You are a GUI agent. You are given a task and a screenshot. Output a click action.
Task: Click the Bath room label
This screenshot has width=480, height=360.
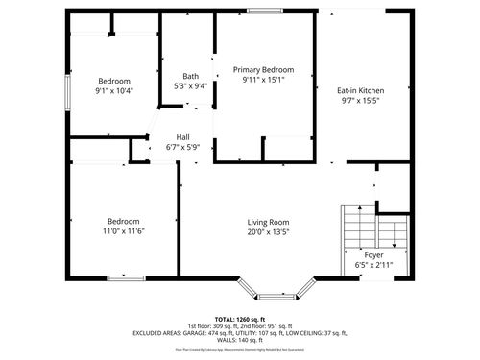coord(190,76)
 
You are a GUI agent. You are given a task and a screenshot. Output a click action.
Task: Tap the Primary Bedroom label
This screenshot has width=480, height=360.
coord(264,70)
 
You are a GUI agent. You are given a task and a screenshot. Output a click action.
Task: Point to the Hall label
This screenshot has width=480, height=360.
coord(182,137)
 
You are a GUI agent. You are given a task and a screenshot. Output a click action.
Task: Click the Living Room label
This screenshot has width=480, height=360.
coord(269,221)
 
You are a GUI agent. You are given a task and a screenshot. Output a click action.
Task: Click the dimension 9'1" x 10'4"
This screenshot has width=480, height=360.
coord(114,90)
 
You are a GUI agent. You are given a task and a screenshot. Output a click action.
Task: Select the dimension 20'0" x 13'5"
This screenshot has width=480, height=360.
coord(269,230)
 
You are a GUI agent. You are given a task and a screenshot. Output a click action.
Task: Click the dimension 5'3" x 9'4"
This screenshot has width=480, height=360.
coord(190,85)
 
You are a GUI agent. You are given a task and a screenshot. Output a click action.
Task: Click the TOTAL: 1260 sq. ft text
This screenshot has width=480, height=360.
coord(240,317)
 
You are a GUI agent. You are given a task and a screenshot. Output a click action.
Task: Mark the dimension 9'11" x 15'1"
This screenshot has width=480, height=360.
coord(264,80)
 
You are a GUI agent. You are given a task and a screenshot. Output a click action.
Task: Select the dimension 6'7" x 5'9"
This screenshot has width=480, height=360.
coord(182,147)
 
